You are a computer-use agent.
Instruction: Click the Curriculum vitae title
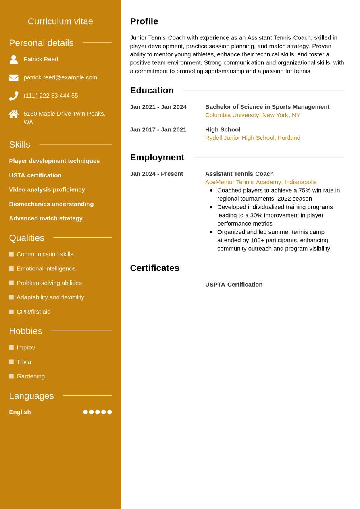click(x=60, y=21)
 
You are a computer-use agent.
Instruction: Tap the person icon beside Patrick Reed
click(x=14, y=60)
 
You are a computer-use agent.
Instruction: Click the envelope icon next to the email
click(x=14, y=78)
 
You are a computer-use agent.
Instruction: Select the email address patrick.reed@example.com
click(x=60, y=77)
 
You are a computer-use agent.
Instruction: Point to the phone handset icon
click(x=14, y=96)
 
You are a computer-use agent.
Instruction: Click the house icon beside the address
click(x=14, y=114)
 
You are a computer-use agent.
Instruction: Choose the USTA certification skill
click(x=35, y=175)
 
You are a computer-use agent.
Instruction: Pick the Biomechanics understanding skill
click(x=51, y=204)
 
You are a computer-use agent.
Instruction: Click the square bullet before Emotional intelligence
click(x=11, y=269)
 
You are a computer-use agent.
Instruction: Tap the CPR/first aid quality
click(x=33, y=312)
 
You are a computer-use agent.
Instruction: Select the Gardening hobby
click(x=31, y=376)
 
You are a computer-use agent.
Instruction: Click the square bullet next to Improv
click(x=11, y=348)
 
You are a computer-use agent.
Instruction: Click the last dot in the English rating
click(x=109, y=412)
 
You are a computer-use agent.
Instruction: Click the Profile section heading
click(x=144, y=21)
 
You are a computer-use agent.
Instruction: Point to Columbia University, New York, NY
click(x=252, y=115)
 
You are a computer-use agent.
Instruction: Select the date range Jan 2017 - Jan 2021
click(x=158, y=130)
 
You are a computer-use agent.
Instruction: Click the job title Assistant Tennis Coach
click(x=239, y=174)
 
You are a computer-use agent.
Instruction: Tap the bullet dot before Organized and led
click(x=211, y=232)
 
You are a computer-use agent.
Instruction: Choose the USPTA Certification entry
click(x=233, y=285)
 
